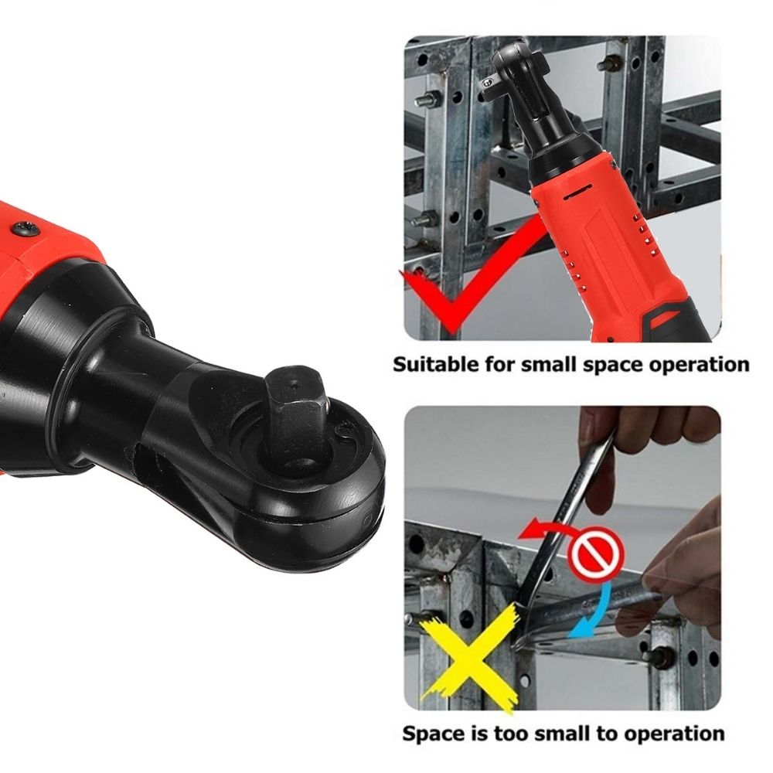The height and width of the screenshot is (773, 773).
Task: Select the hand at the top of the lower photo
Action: coord(642,433)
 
